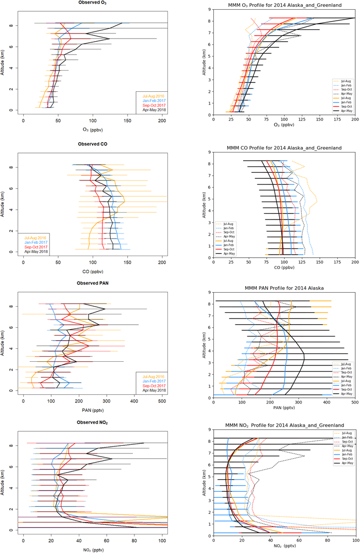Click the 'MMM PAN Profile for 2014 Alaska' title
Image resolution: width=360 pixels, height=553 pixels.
pos(284,286)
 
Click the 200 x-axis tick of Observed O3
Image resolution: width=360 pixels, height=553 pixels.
pos(162,121)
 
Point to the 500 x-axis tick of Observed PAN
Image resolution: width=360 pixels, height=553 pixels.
pos(162,400)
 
